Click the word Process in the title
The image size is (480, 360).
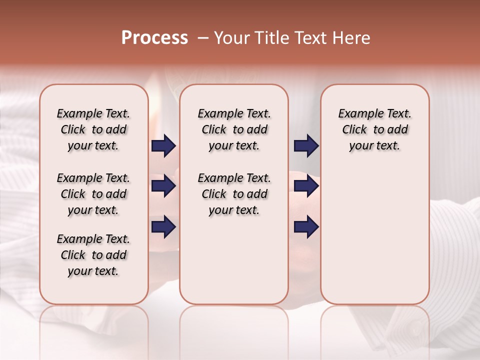[154, 38]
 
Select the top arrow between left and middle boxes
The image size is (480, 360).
[163, 146]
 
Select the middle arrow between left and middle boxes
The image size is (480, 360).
[163, 186]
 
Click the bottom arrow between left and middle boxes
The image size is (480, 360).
[163, 227]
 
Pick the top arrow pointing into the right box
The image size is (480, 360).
[306, 146]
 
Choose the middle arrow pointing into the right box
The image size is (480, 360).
[306, 186]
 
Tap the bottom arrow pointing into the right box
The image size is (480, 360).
[306, 227]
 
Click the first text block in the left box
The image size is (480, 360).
[93, 129]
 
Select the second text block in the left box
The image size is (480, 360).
[93, 194]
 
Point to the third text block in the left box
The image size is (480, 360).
[93, 255]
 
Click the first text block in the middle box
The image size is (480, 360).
[234, 129]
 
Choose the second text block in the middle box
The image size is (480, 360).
[234, 194]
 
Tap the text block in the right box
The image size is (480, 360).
[375, 129]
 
